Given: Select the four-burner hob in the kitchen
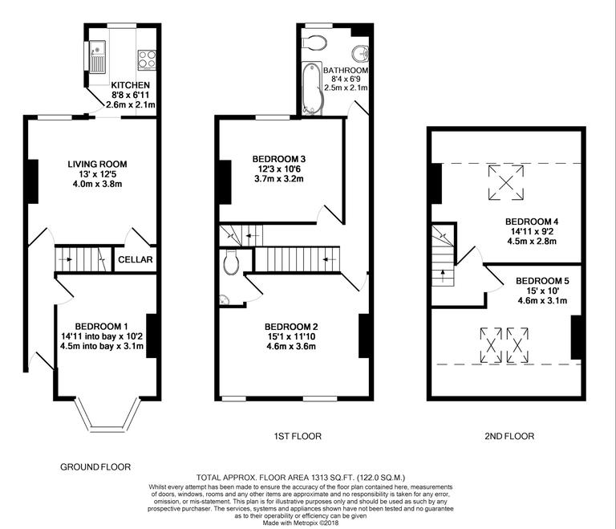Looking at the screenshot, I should pyautogui.click(x=147, y=58).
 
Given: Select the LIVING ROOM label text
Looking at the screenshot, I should pyautogui.click(x=97, y=164).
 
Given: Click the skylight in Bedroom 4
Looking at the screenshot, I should pyautogui.click(x=506, y=181).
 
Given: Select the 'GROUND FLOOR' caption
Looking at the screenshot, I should pyautogui.click(x=95, y=466).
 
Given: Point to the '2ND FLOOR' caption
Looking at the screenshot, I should pyautogui.click(x=510, y=436).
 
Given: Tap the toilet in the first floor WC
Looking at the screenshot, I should pyautogui.click(x=231, y=261).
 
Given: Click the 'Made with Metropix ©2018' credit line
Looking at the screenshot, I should pyautogui.click(x=302, y=523).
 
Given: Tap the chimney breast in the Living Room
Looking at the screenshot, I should pyautogui.click(x=34, y=181).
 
